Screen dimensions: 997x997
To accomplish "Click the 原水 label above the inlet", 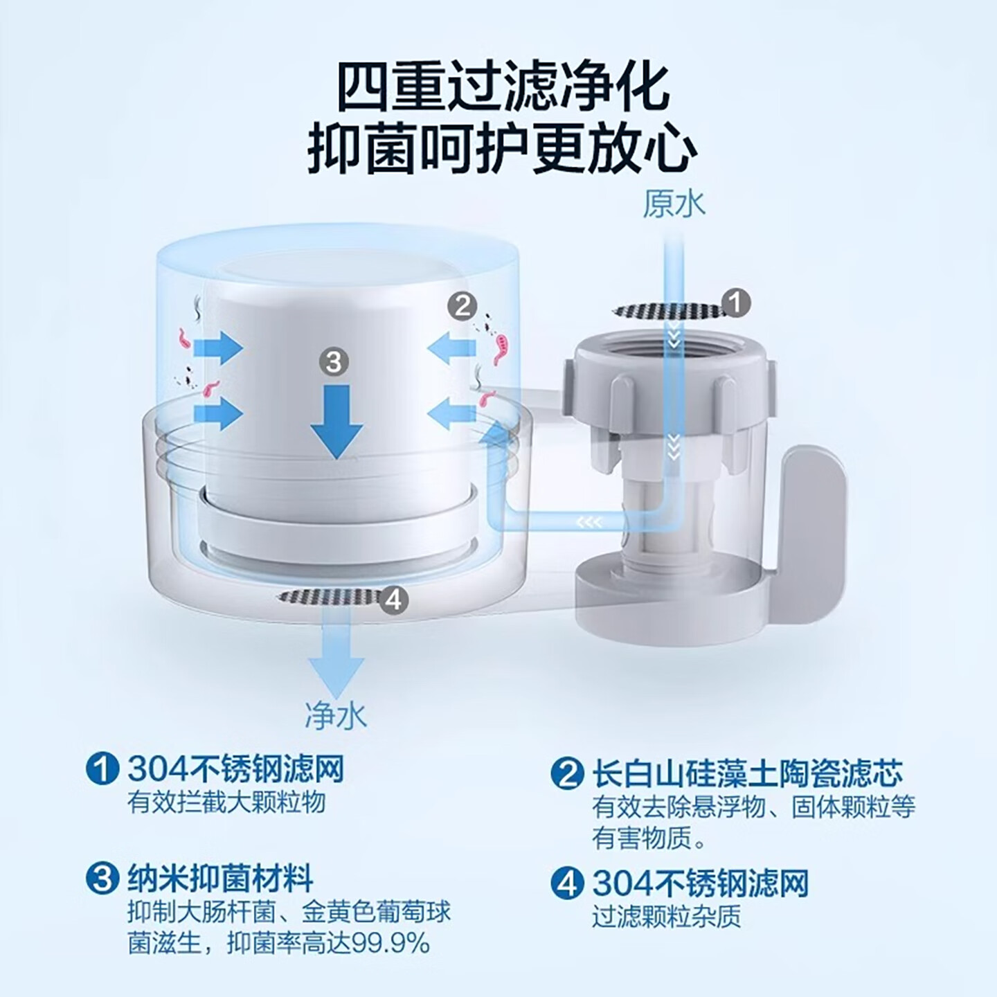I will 673,204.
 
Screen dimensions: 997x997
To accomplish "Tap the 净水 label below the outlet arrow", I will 335,716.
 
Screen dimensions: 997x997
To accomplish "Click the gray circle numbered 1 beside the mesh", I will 735,303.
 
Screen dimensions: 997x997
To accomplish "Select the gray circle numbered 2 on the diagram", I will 462,305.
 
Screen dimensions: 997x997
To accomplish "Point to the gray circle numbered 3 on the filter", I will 334,361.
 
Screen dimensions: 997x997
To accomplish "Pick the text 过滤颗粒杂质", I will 666,916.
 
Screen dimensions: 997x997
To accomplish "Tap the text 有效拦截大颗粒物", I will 226,802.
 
